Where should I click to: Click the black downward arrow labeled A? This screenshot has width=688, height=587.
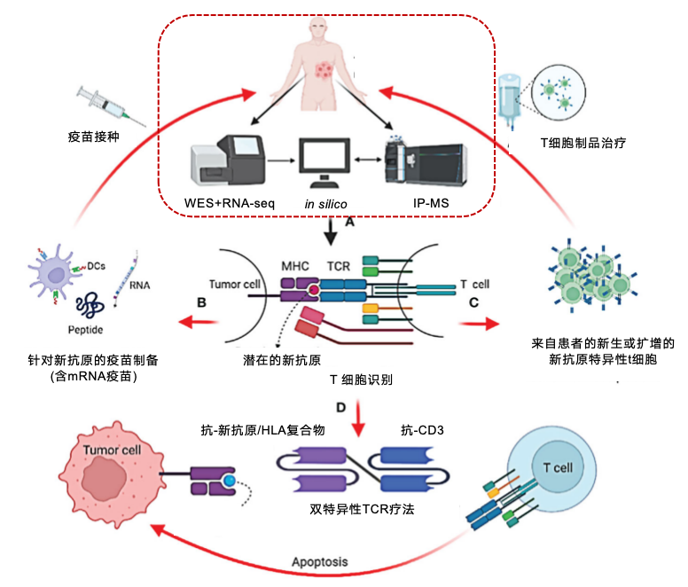click(x=331, y=233)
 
